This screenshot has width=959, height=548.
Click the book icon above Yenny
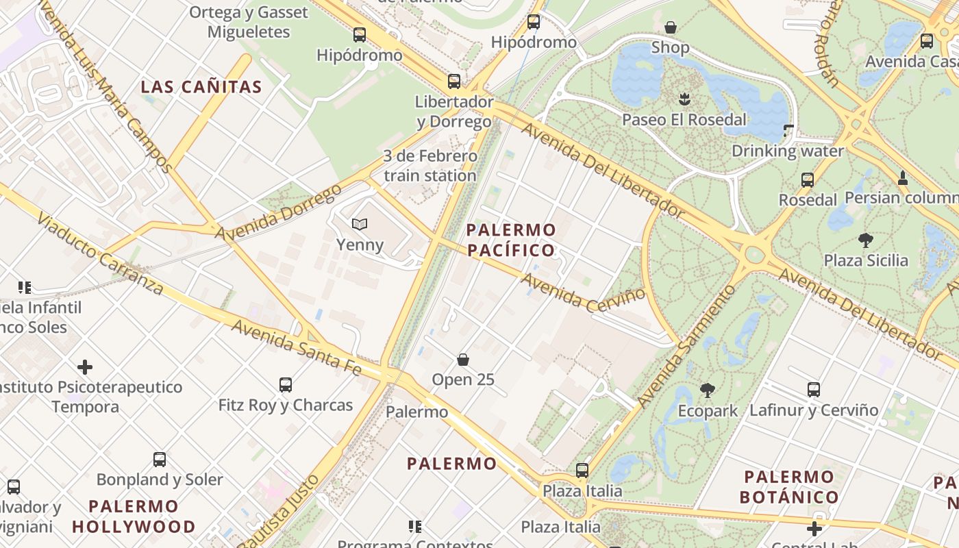click(x=360, y=224)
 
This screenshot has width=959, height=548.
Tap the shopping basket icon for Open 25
click(x=463, y=360)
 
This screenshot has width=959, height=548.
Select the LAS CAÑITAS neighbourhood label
click(x=201, y=87)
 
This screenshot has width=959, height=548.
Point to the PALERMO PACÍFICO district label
click(x=511, y=240)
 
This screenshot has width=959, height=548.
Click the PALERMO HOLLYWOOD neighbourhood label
click(x=134, y=516)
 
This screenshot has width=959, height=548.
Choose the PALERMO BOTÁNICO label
click(x=790, y=486)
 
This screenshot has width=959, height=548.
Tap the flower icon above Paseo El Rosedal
click(x=684, y=99)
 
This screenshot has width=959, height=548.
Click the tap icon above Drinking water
click(x=788, y=129)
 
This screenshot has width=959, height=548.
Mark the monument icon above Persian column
click(x=903, y=178)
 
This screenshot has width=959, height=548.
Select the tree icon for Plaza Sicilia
click(x=866, y=240)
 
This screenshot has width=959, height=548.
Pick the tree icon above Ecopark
click(x=708, y=390)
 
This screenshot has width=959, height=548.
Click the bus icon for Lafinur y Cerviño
click(x=814, y=390)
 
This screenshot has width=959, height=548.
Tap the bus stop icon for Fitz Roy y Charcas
click(x=286, y=385)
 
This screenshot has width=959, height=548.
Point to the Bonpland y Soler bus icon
click(x=160, y=460)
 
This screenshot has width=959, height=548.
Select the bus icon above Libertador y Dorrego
click(x=453, y=82)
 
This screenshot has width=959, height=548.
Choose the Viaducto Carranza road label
click(x=100, y=253)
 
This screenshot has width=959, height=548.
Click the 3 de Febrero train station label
click(x=429, y=166)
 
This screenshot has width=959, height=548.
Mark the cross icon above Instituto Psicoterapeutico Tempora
click(x=85, y=367)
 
